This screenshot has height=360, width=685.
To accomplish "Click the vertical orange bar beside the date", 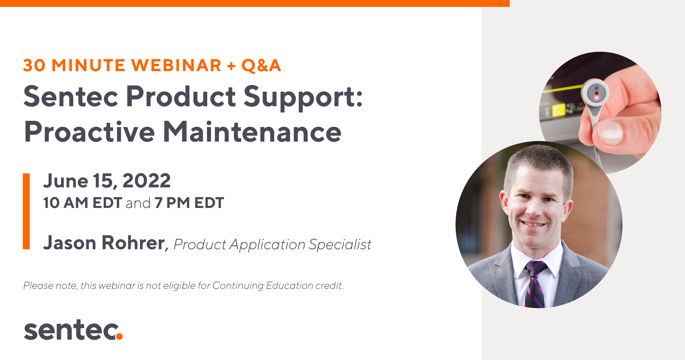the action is [26, 211].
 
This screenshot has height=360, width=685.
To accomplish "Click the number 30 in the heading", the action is [34, 65].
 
